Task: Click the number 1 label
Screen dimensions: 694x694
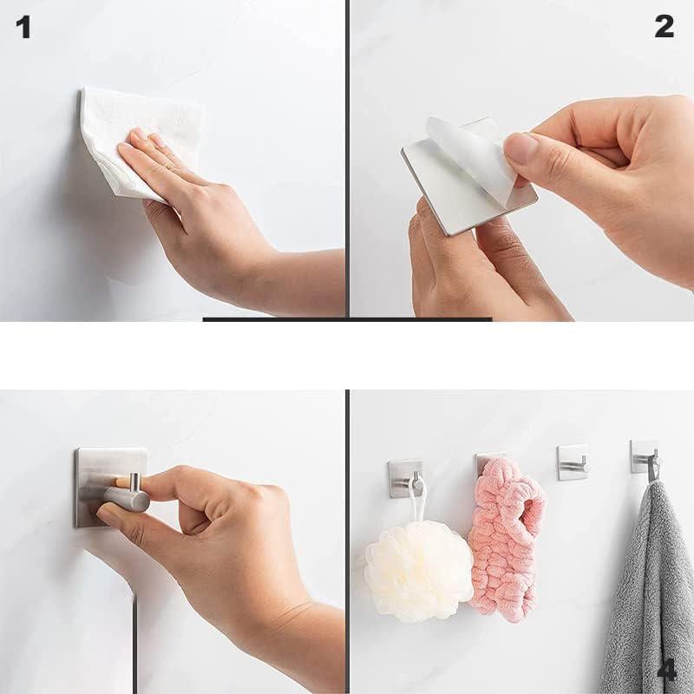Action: click(23, 28)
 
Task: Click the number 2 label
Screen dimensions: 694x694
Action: click(664, 26)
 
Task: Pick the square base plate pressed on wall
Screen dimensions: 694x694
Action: click(111, 487)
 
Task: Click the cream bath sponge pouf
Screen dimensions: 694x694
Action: click(418, 571)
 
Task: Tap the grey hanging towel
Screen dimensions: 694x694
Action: click(648, 589)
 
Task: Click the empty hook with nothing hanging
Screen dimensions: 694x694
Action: click(573, 462)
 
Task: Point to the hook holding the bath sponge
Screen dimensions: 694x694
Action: click(405, 478)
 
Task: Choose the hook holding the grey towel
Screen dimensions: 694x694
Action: click(646, 458)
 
